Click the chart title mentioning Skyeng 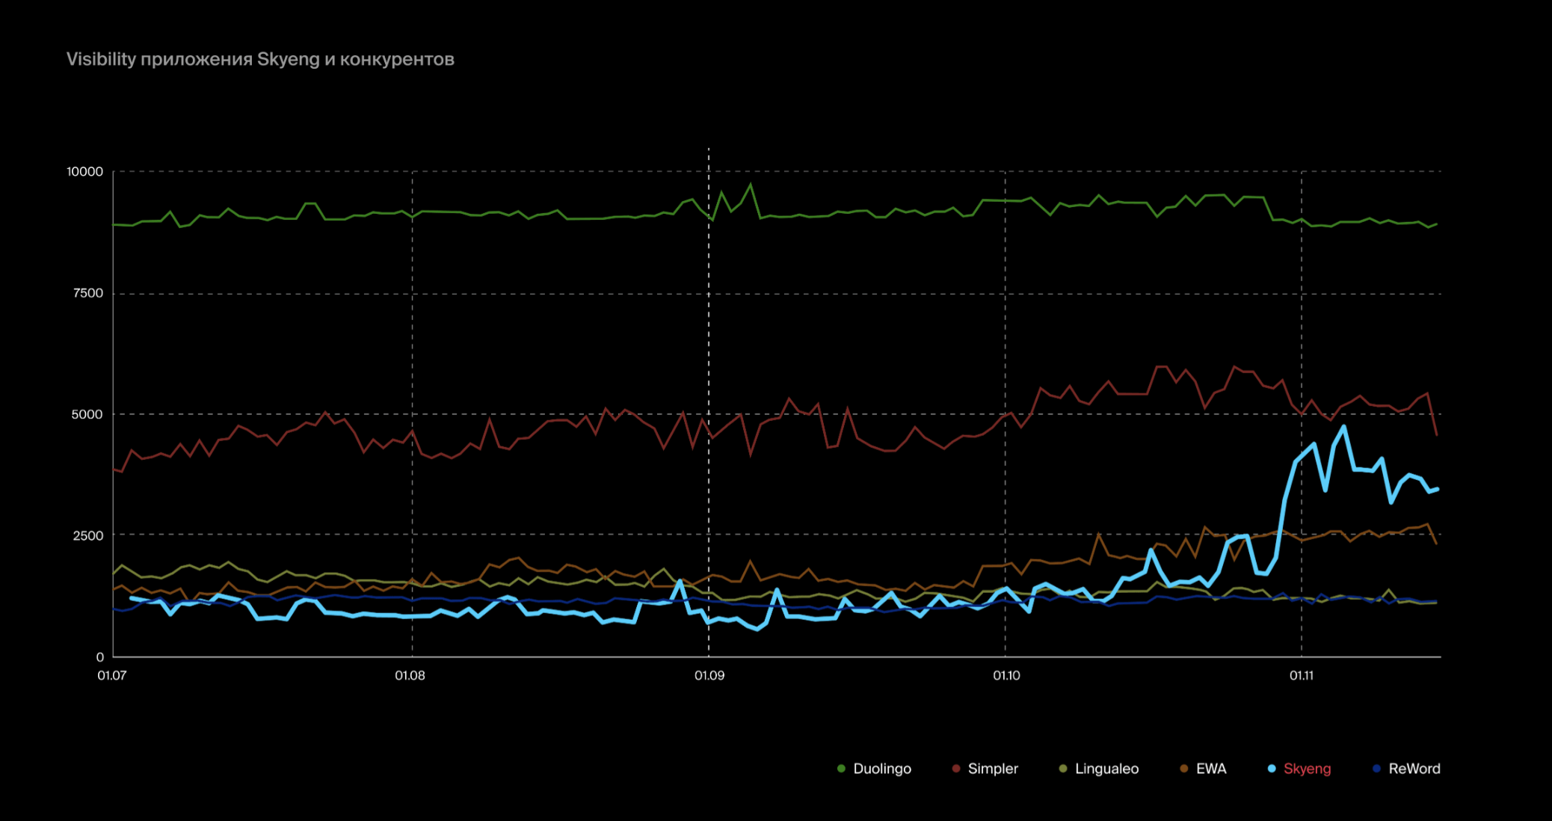point(260,59)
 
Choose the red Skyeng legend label point(1307,769)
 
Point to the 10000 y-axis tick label point(85,171)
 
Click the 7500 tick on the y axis point(88,293)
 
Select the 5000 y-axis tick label point(87,414)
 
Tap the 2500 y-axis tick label point(88,535)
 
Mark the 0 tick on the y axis point(100,657)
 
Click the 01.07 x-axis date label point(112,676)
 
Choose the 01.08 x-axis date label point(410,676)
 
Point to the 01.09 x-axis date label point(709,676)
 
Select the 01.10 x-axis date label point(1006,676)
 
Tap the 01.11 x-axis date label point(1302,676)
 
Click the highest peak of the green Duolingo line point(751,185)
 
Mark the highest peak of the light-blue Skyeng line point(1343,427)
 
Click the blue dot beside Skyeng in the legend point(1272,769)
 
